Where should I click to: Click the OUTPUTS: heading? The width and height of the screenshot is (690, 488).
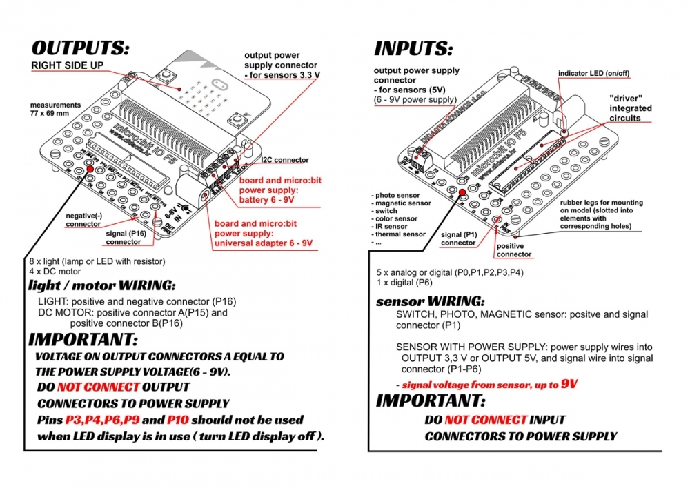(80, 48)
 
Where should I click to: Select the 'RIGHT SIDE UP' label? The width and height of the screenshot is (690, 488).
(68, 65)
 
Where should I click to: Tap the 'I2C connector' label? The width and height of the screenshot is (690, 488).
(285, 160)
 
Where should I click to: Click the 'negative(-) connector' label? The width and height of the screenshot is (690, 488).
(83, 220)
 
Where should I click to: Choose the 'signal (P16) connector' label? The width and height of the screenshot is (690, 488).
(124, 238)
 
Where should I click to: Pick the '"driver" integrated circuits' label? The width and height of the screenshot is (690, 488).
(630, 108)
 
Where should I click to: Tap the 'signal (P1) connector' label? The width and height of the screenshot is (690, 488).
(458, 238)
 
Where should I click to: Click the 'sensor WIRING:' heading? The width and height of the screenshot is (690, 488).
(430, 302)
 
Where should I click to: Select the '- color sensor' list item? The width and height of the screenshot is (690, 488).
(395, 218)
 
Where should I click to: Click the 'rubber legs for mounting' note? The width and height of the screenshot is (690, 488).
(600, 202)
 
